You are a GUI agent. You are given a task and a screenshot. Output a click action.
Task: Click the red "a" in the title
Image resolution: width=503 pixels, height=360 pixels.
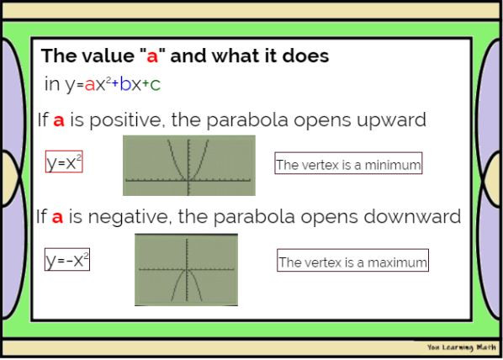152,57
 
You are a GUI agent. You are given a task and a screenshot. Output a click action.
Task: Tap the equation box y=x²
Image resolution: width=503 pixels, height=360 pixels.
63,162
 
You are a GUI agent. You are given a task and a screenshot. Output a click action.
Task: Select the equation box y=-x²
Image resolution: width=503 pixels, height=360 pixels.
66,261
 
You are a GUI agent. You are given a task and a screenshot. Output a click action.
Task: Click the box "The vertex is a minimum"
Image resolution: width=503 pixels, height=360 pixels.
347,164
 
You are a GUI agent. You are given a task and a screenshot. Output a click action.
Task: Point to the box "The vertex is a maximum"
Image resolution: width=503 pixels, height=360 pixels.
352,262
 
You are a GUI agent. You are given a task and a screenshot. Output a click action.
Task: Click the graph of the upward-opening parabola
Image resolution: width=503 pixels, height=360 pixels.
188,165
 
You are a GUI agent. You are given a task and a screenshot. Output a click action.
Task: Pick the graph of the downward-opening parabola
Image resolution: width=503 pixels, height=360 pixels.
186,269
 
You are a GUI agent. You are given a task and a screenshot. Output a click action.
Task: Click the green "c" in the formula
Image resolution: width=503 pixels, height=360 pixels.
156,85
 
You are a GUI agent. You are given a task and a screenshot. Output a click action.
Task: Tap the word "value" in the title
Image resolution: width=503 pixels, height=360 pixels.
105,57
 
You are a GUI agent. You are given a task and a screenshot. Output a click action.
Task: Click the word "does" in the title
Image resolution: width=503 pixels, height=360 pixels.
305,57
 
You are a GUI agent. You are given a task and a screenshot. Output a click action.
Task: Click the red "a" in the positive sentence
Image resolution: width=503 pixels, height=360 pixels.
59,121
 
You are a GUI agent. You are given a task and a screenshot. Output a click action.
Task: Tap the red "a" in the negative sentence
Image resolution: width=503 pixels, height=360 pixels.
57,218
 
